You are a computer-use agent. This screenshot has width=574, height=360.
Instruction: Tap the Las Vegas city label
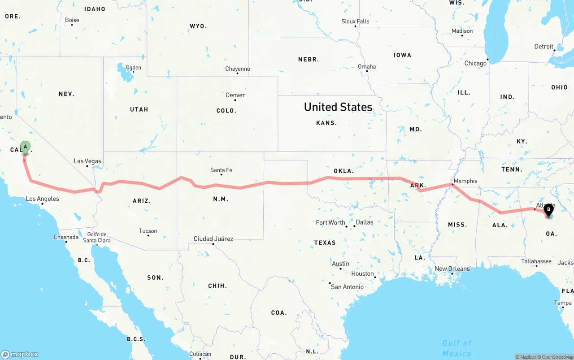click(x=87, y=161)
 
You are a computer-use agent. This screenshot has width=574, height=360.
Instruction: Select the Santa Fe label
click(x=221, y=170)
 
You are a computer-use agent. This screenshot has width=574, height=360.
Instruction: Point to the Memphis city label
click(x=465, y=181)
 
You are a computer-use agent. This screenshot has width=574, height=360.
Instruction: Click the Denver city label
click(x=235, y=95)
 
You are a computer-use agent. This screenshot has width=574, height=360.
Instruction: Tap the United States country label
click(x=338, y=107)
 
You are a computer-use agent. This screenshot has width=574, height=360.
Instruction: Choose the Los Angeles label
click(x=42, y=199)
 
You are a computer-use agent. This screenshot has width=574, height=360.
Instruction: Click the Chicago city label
click(x=475, y=63)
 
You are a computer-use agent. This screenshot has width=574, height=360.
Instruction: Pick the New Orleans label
click(x=452, y=269)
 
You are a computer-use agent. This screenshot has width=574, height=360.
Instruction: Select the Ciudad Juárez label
click(x=213, y=239)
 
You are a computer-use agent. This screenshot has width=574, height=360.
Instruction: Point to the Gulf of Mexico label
click(x=457, y=348)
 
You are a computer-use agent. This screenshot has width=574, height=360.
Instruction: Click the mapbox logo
click(x=20, y=354)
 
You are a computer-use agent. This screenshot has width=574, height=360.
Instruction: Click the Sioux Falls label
click(x=355, y=21)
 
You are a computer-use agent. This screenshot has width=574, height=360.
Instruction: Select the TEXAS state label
click(x=325, y=243)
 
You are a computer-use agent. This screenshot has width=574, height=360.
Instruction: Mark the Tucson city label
click(x=148, y=231)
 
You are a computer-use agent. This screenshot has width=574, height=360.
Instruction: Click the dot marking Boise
click(x=72, y=25)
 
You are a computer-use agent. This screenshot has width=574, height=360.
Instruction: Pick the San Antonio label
click(x=347, y=287)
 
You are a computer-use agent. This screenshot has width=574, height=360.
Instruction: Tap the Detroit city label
click(x=544, y=47)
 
